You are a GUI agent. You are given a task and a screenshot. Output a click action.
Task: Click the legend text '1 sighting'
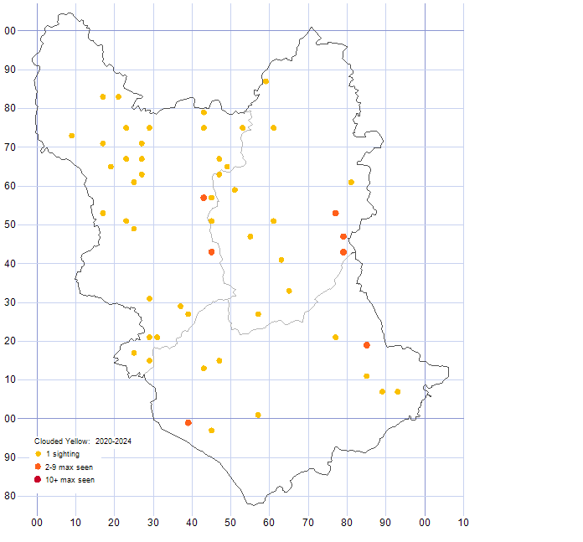63,454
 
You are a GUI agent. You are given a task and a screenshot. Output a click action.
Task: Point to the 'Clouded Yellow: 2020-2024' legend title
83,441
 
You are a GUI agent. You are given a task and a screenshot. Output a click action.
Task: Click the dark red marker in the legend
38,479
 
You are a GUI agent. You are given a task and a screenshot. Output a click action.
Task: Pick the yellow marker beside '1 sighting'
38,454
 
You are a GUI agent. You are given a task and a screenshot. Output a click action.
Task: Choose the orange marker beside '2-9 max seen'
38,467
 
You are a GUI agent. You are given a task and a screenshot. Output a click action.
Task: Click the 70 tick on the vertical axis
10,147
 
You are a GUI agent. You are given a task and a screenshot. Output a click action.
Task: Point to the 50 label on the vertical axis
10,225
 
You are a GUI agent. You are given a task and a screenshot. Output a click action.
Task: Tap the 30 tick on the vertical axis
10,302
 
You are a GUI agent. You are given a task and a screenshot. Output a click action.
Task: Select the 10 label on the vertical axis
10,379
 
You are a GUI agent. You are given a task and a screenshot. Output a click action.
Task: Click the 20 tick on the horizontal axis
114,523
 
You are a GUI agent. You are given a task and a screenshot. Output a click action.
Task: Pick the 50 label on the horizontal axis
230,523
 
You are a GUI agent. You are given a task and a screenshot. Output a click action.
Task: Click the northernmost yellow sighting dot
266,81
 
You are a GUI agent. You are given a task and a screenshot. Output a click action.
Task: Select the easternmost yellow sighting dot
398,391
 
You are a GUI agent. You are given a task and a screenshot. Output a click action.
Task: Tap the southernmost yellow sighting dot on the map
211,431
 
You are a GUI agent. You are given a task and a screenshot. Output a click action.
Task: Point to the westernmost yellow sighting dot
72,136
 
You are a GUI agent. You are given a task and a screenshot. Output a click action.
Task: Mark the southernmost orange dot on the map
188,423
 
